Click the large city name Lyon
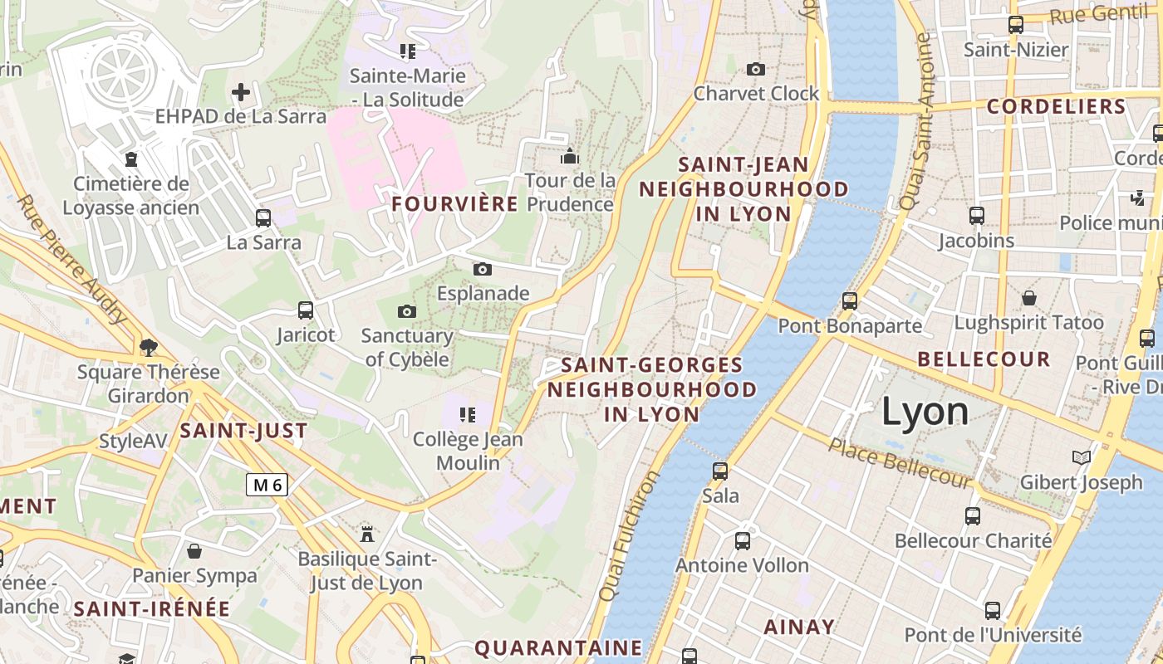[925, 412]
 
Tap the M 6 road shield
[267, 485]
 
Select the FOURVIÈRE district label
[454, 204]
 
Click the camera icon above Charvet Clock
[755, 69]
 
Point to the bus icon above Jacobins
[976, 216]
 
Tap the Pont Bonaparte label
[850, 326]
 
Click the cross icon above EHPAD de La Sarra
[241, 91]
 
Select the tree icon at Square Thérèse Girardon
[149, 347]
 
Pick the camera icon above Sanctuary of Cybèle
[406, 311]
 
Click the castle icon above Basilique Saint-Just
[366, 533]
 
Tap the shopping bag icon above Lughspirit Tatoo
[1028, 297]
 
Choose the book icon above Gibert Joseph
[1081, 457]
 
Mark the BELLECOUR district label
[984, 359]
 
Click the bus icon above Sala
[720, 471]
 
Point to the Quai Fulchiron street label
[629, 535]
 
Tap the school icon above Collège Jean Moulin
[468, 413]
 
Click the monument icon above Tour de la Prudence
[569, 156]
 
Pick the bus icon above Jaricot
[306, 310]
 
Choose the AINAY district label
[798, 627]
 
